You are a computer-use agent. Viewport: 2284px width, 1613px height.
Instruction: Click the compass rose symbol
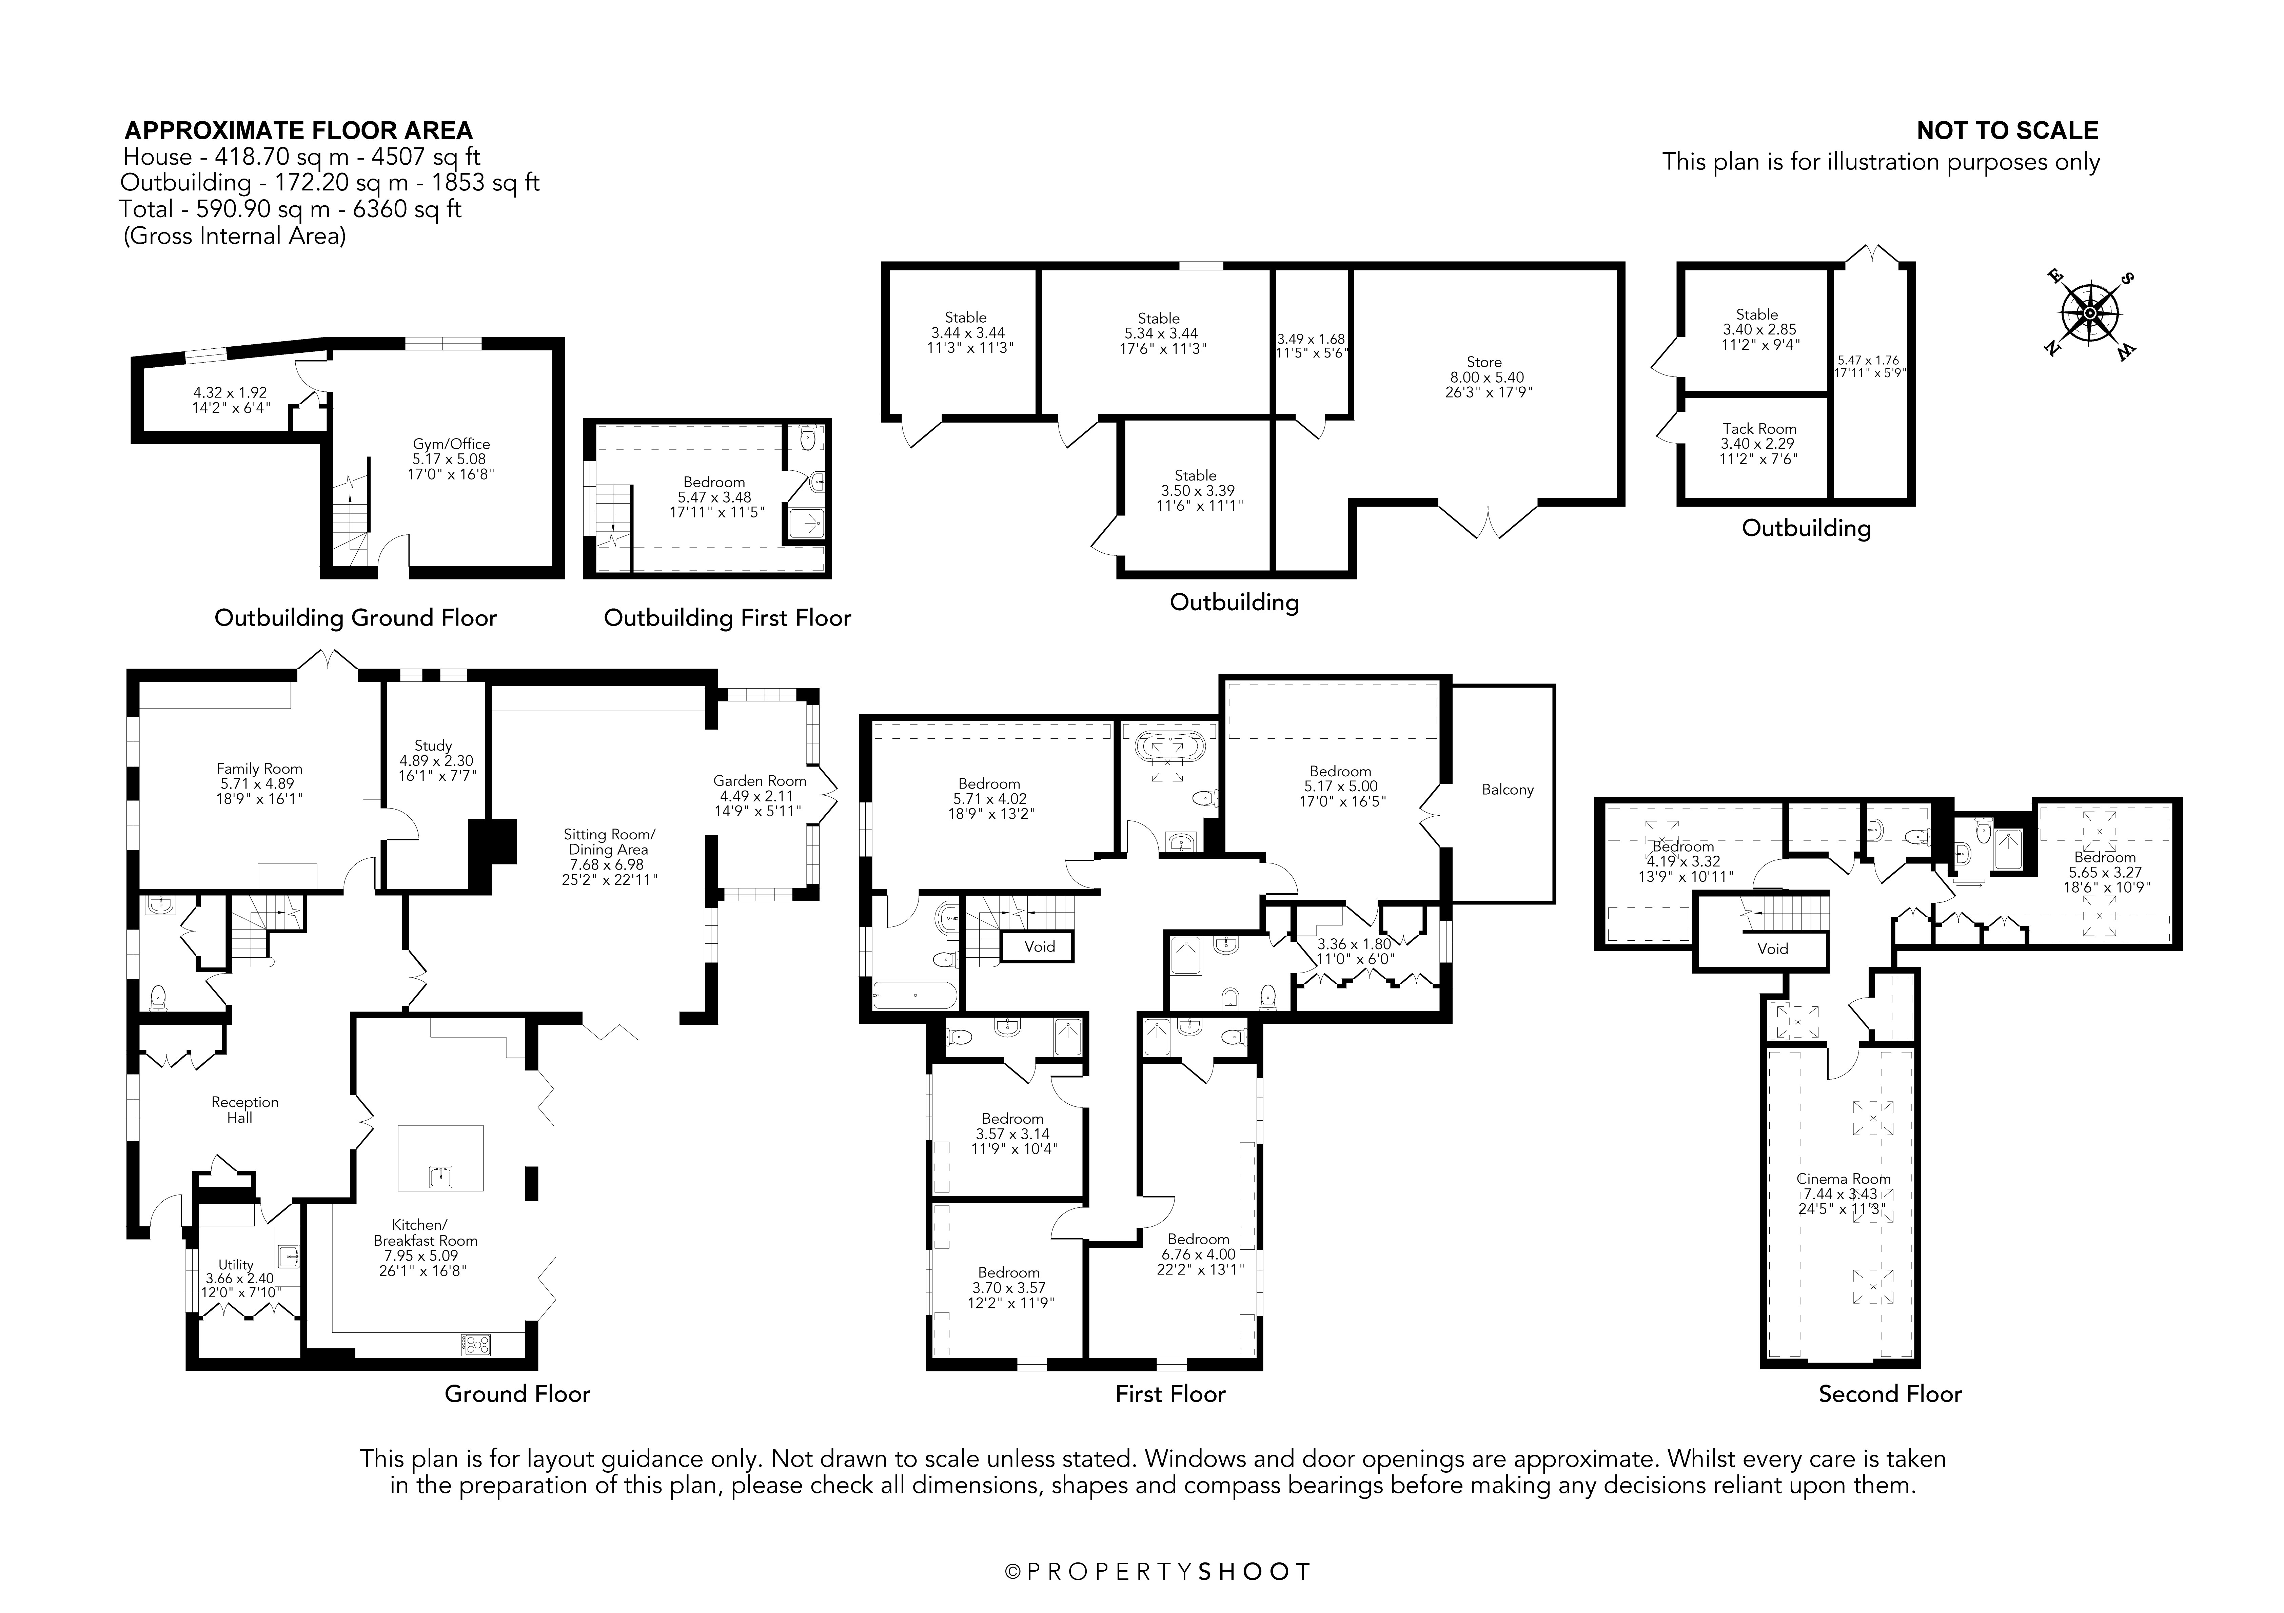coord(2090,314)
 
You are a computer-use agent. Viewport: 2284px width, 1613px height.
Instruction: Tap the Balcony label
coord(1507,790)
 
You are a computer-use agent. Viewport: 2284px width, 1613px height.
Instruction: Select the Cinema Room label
coord(1843,1179)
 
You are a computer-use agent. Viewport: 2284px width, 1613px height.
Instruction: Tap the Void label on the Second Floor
coord(1773,949)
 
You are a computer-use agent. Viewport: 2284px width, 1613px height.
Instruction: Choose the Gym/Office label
coord(452,445)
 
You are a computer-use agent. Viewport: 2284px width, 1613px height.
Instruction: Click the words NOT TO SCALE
coord(2007,130)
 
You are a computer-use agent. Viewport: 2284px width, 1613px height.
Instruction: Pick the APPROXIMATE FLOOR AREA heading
coord(298,130)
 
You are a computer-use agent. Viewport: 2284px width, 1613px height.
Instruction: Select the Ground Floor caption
coord(517,1393)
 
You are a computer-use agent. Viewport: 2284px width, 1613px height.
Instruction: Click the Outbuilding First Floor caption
coord(727,617)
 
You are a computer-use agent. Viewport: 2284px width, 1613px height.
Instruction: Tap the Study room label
coord(433,745)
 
